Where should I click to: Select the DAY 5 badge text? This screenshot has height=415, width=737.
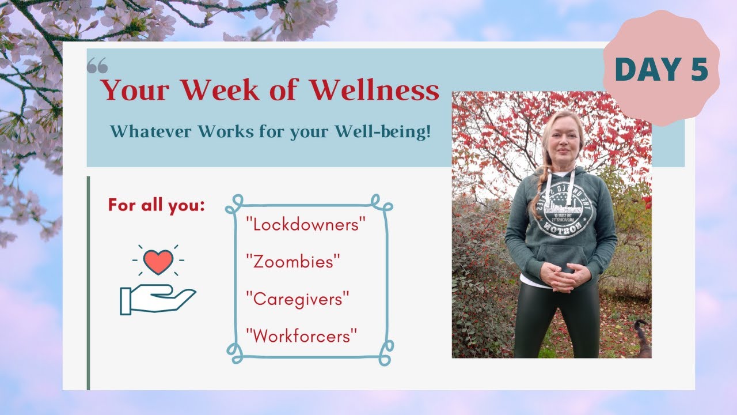[661, 69]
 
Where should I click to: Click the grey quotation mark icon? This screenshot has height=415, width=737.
[97, 67]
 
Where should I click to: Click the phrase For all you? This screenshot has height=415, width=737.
[156, 205]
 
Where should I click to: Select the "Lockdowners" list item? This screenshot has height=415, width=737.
[306, 225]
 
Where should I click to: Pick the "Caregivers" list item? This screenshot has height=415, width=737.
[298, 299]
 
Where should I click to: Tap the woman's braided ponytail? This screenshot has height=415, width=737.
[541, 184]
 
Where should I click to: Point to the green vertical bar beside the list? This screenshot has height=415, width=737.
[88, 282]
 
